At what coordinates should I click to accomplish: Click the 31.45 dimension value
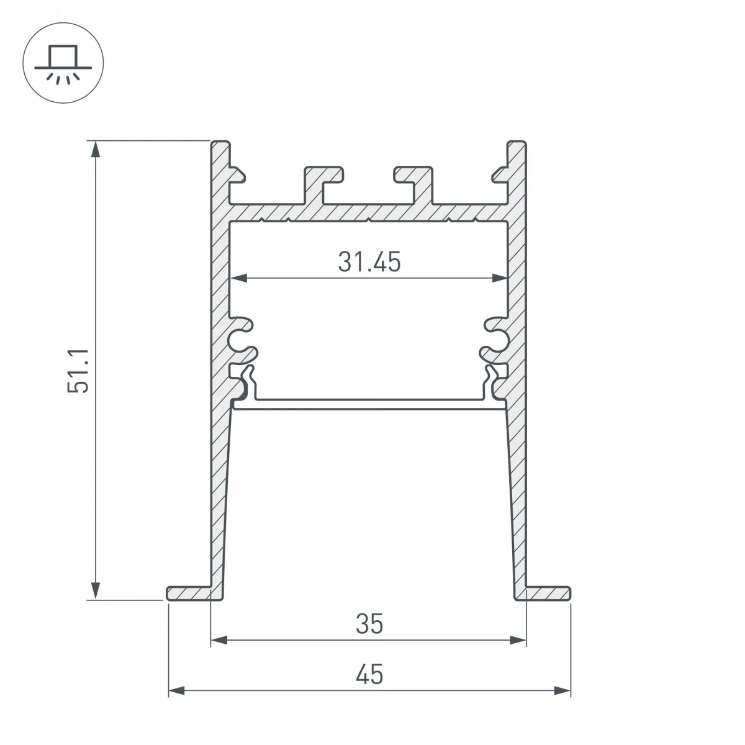(x=369, y=262)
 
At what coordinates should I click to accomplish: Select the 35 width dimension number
(x=369, y=623)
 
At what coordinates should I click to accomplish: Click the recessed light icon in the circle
(x=63, y=65)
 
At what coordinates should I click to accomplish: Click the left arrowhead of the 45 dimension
(x=177, y=690)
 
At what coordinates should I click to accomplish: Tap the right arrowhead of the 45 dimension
(x=562, y=690)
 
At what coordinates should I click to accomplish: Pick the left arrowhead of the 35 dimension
(x=219, y=640)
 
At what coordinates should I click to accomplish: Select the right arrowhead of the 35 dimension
(x=518, y=640)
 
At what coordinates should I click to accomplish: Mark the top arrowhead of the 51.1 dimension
(x=95, y=149)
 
